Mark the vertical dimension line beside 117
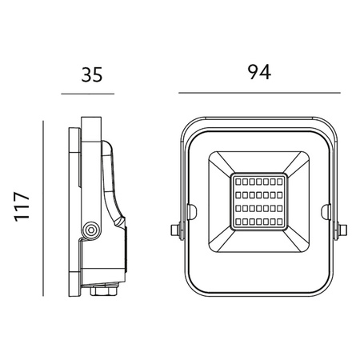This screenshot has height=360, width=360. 41,206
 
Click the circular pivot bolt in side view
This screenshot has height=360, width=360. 90,230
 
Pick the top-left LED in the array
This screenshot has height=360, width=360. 238,182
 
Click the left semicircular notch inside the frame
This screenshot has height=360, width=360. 190,211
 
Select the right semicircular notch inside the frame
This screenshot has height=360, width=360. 325,211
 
